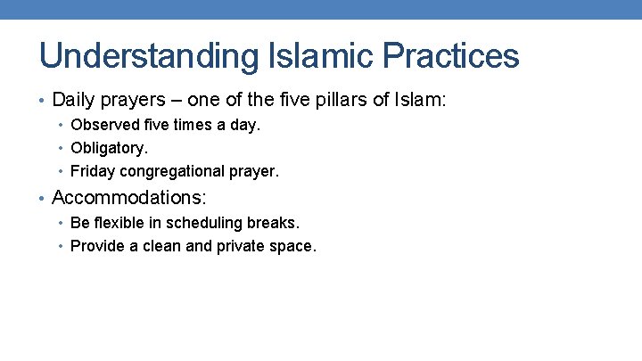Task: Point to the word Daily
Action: tap(73, 99)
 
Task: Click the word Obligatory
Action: tap(109, 148)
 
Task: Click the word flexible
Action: tap(124, 223)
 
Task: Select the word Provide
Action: tap(98, 245)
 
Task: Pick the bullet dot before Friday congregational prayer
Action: tap(62, 171)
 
